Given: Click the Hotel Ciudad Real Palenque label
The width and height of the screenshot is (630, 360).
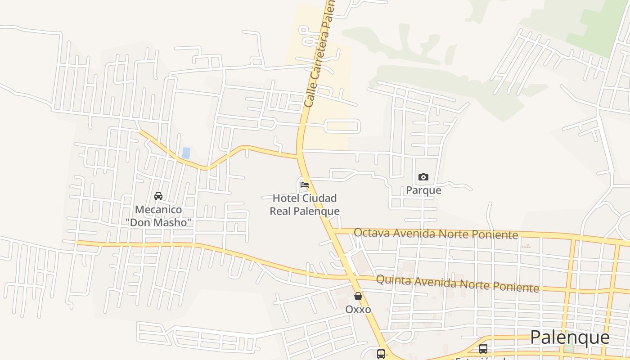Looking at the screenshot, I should (x=305, y=205).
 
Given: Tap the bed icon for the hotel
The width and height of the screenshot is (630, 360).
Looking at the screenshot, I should (x=305, y=184).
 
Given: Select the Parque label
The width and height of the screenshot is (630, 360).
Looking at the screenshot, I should (x=423, y=190).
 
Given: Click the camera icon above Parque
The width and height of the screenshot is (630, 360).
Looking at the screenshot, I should (x=423, y=177).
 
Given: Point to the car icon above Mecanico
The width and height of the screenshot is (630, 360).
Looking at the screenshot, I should (x=158, y=196).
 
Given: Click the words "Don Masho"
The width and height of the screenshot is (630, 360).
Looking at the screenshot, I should (x=159, y=222).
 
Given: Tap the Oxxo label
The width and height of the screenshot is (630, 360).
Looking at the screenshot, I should (x=358, y=310).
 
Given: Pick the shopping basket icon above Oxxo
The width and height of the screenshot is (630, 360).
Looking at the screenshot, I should (x=358, y=296).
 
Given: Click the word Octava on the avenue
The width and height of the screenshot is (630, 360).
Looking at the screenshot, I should (x=372, y=233).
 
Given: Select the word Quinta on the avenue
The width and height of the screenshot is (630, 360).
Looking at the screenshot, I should (x=393, y=280).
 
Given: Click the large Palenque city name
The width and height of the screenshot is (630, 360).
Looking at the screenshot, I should (x=570, y=337).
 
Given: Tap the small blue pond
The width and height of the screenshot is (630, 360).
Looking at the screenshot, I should (x=186, y=153).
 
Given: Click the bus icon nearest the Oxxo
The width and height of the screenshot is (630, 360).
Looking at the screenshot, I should (x=381, y=354).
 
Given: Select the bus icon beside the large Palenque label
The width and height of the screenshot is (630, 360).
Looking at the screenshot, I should (x=483, y=348).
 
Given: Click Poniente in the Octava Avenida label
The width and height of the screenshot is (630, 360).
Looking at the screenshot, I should (x=496, y=235).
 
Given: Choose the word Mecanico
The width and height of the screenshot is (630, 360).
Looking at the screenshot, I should (x=159, y=210).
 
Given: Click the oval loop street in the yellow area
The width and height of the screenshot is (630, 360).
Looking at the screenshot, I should (x=342, y=126).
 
